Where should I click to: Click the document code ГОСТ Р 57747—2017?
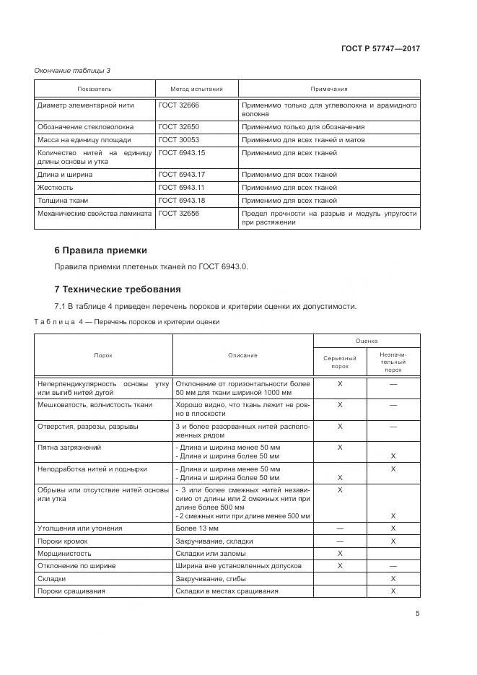[x=380, y=48]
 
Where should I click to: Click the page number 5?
[x=418, y=614]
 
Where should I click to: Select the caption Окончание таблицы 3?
[x=72, y=70]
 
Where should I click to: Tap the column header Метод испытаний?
[x=197, y=89]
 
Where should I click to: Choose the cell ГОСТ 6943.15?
[x=182, y=153]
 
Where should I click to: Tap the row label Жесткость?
[x=56, y=187]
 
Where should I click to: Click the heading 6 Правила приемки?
[x=100, y=251]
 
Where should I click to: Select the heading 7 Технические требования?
[x=118, y=289]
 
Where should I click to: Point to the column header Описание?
[x=242, y=355]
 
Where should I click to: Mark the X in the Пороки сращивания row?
[x=393, y=591]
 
